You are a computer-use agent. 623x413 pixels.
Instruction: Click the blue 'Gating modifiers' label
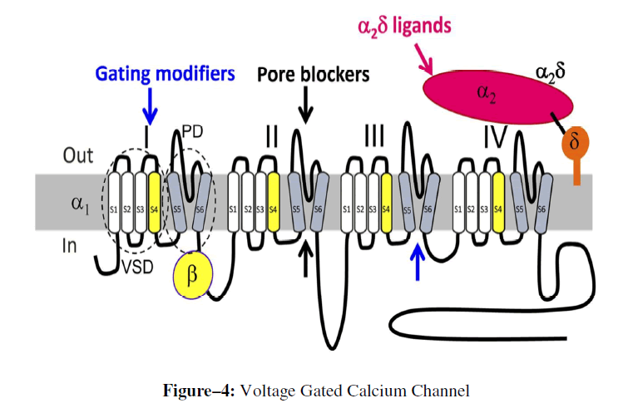tap(165, 74)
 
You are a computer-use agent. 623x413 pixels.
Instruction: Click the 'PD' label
tap(192, 132)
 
